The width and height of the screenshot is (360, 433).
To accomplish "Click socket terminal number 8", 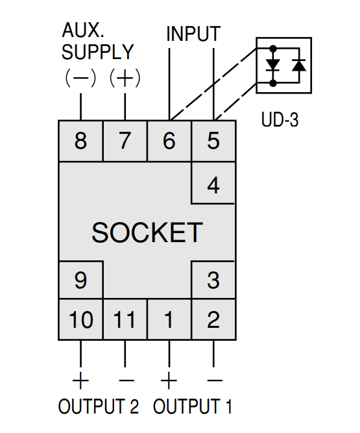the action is (80, 141).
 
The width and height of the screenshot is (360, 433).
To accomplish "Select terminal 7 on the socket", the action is (125, 141).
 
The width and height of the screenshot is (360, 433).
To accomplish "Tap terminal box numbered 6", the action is (169, 141).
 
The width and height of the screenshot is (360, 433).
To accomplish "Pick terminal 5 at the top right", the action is (213, 141).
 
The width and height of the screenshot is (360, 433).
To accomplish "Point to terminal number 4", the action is (213, 183).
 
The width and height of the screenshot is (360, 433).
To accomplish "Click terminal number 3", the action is (213, 280).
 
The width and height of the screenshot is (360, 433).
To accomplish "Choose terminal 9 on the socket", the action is (80, 280).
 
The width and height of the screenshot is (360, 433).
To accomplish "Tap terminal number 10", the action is (80, 319).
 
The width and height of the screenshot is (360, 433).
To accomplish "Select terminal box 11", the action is (125, 319).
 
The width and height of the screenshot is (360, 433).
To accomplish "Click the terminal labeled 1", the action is (169, 319).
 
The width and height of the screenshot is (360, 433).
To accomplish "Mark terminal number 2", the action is (213, 319).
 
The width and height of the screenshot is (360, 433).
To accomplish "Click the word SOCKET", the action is (147, 232).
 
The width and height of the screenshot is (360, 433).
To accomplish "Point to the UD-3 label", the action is (280, 119).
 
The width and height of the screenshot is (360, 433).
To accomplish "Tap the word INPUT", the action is (193, 34).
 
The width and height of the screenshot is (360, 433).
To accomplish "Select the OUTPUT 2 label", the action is (98, 406).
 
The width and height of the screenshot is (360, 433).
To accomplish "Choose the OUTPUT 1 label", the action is (193, 406).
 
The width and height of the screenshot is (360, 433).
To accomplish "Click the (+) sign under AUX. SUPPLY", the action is (125, 78).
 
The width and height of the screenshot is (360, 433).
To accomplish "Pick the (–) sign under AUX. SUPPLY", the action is (80, 78).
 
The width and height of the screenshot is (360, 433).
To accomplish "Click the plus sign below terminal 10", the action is (80, 380).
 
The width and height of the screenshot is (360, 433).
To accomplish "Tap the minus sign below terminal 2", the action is (215, 380).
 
